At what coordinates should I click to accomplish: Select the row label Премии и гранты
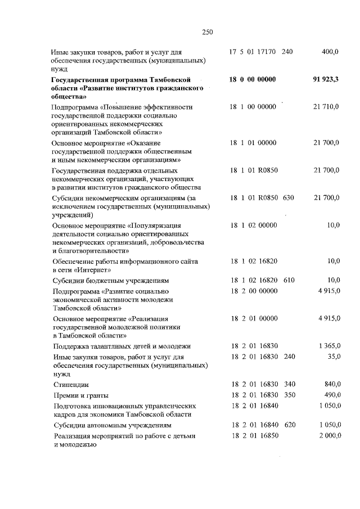[80, 395]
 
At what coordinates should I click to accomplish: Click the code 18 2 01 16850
[254, 436]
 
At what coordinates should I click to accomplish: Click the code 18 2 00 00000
[254, 291]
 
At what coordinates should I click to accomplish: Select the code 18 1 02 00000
[253, 226]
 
